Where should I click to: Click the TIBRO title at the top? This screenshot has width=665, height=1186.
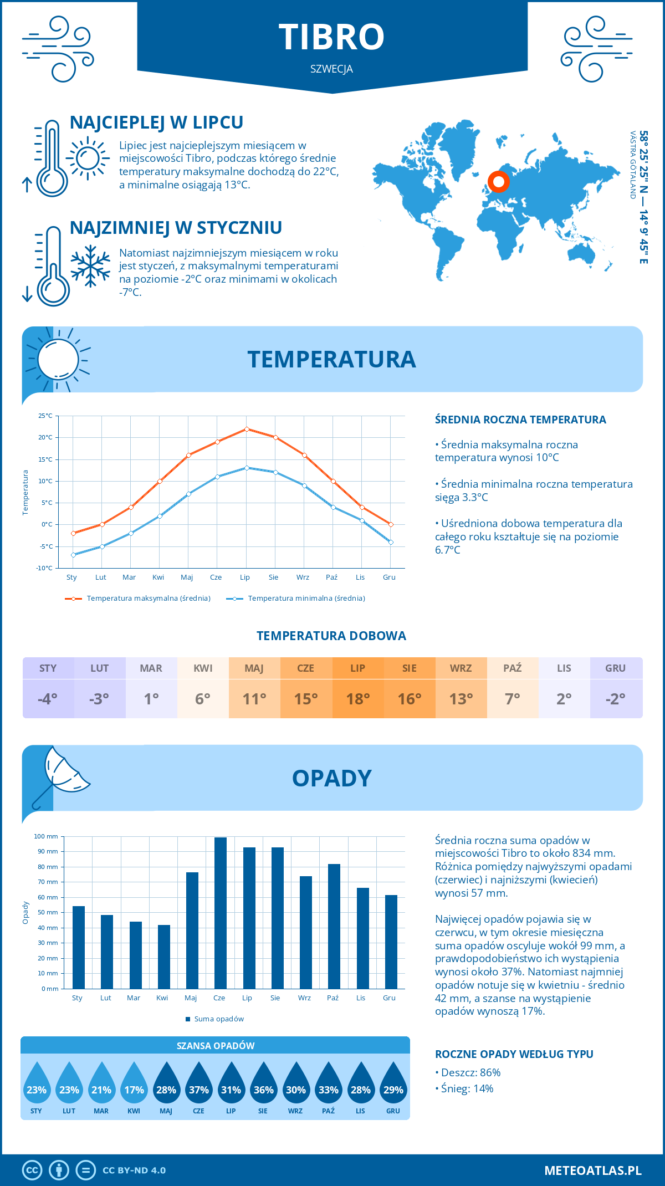(x=331, y=37)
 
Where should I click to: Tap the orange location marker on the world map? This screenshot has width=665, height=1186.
(x=498, y=182)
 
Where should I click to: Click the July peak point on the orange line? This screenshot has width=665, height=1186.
(x=247, y=429)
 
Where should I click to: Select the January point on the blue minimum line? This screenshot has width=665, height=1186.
(x=73, y=555)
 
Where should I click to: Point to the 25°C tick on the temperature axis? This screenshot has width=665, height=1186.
(x=45, y=416)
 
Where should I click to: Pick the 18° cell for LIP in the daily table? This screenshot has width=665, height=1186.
(x=357, y=699)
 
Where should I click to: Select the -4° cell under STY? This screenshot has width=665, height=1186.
(x=48, y=699)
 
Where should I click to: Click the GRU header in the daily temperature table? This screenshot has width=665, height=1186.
(x=615, y=668)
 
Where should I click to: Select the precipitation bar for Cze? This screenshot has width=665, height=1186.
(x=221, y=913)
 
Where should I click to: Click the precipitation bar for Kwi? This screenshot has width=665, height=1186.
(x=164, y=957)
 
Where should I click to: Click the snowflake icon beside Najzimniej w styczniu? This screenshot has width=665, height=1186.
(x=90, y=266)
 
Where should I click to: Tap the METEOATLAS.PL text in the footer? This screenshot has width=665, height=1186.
(x=592, y=1170)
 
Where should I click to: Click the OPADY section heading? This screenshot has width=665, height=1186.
(x=331, y=779)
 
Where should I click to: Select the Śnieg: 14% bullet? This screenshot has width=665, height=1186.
(x=464, y=1088)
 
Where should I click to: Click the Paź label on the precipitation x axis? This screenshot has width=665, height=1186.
(x=332, y=998)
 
